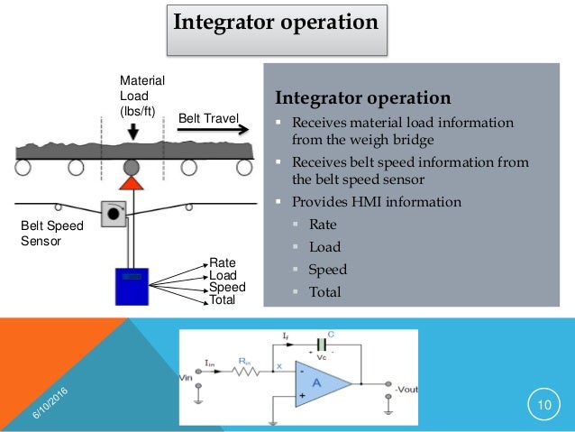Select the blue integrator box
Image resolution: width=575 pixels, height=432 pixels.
point(132,286)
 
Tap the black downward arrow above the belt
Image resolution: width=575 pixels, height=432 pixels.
point(132,132)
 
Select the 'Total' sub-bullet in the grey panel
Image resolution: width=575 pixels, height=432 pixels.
point(324,291)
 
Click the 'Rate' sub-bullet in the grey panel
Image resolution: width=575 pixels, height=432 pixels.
point(323,225)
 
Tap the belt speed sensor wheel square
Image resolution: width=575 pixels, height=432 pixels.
point(114,213)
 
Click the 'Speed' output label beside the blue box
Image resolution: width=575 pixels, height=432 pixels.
point(227,288)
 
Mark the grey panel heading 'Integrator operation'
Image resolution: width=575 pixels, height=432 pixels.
point(362,97)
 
